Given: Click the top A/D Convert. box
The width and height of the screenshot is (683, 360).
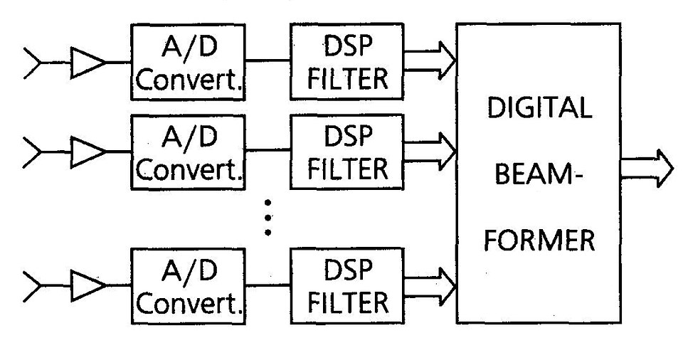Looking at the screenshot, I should point(189,62).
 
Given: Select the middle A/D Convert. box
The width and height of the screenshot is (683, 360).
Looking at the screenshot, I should point(189,152).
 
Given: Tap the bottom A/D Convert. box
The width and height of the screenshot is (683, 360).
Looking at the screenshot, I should point(189,285).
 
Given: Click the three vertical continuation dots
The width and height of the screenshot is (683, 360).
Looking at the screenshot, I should point(268,217).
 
